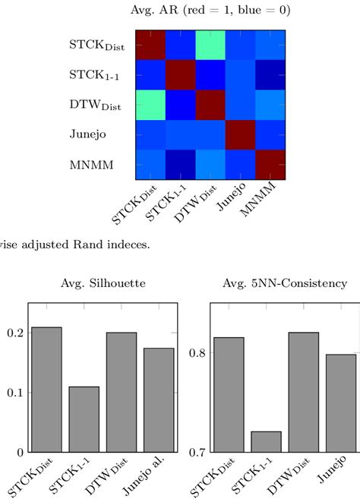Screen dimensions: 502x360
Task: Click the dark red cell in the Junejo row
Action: (239, 134)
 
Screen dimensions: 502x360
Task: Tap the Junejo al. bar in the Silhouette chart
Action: (159, 399)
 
